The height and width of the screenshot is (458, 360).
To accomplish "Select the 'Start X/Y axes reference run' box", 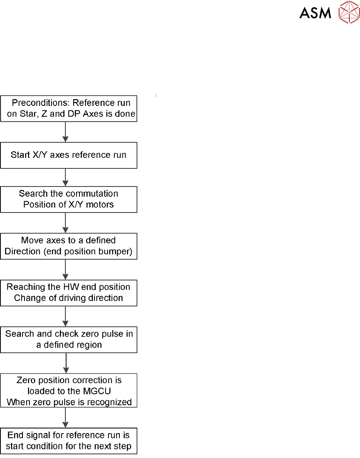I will pyautogui.click(x=68, y=155).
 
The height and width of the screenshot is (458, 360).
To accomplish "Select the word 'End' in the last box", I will pyautogui.click(x=15, y=435).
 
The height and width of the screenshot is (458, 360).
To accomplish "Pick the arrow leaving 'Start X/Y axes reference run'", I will pyautogui.click(x=65, y=177).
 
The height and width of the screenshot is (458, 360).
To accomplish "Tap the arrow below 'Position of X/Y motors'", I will pyautogui.click(x=65, y=223).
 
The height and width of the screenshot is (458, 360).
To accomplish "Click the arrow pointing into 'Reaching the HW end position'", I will pyautogui.click(x=65, y=269).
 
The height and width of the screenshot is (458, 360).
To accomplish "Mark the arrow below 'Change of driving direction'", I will pyautogui.click(x=65, y=316).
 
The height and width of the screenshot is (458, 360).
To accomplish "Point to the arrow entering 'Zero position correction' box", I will pyautogui.click(x=65, y=363).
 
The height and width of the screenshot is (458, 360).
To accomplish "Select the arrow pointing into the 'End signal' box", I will pyautogui.click(x=65, y=418).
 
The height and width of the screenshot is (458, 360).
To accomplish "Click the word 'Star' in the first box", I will pyautogui.click(x=27, y=114).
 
